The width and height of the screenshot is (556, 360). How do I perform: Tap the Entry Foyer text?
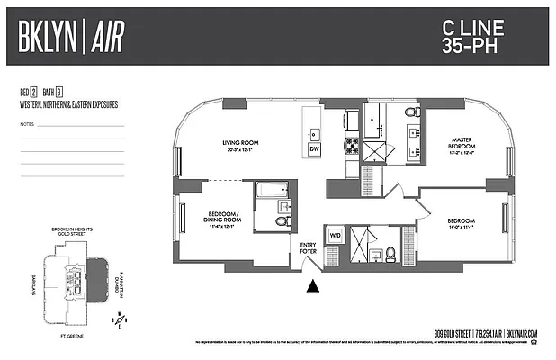tap(309, 248)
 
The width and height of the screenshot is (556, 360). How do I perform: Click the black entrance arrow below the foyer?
tap(313, 287)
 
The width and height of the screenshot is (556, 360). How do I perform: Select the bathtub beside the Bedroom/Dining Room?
tap(271, 192)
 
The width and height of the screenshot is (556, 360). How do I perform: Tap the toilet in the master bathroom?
tap(412, 112)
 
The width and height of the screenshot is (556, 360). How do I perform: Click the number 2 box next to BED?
tap(33, 93)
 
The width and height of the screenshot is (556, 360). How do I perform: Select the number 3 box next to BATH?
tap(58, 93)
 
